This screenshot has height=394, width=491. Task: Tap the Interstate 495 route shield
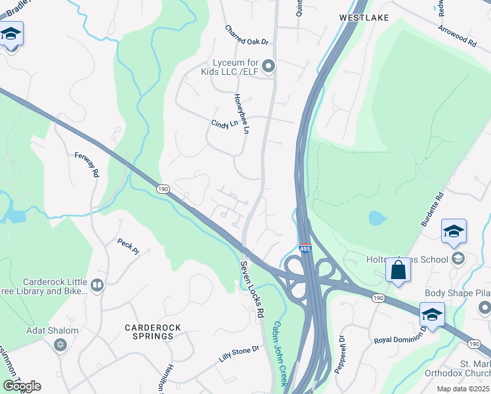point(305,249)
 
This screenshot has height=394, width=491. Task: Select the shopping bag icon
point(398,270)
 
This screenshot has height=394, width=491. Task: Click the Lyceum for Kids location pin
point(268,66)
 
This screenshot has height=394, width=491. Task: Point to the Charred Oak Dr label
point(247,35)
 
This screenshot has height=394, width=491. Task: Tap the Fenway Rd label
point(87,164)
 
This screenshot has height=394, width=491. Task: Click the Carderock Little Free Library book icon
point(97,284)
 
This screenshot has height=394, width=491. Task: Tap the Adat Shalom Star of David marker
point(60,344)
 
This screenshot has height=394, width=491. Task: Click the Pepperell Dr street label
point(340,355)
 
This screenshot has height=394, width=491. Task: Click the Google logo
point(22,386)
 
